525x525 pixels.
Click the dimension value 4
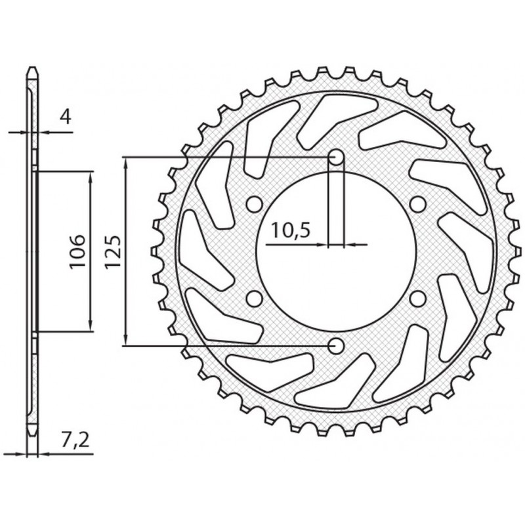(x=65, y=117)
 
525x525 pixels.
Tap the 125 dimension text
(x=112, y=252)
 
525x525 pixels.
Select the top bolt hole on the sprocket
(x=335, y=157)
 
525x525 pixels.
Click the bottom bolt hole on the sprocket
(x=335, y=345)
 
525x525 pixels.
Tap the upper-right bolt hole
(x=416, y=204)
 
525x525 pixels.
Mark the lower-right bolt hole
(x=416, y=299)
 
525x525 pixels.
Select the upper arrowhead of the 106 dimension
(x=89, y=176)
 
